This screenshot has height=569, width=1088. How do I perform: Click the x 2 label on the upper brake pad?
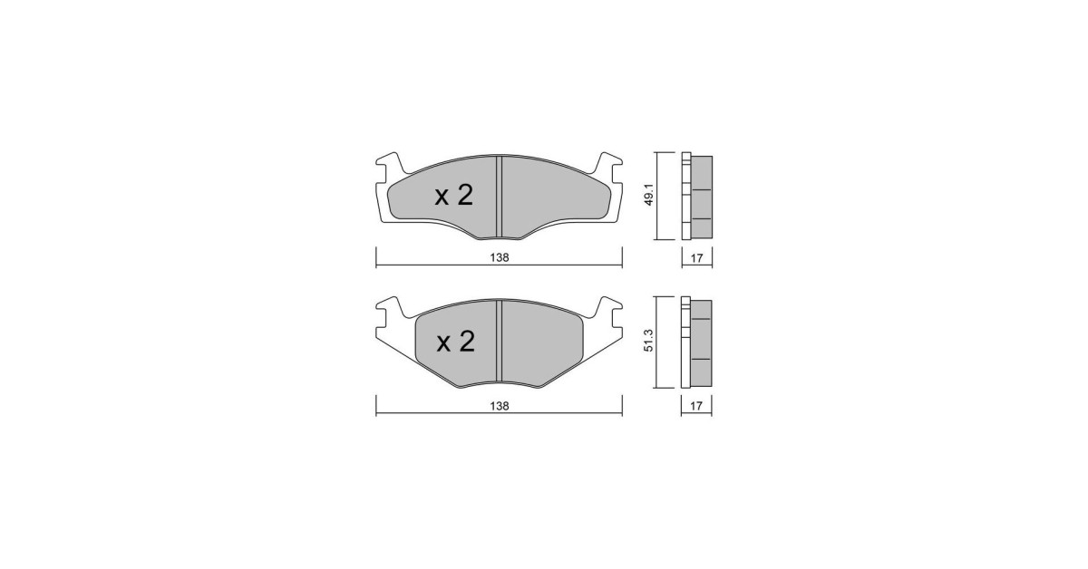(453, 196)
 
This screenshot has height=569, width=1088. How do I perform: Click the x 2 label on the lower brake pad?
(455, 342)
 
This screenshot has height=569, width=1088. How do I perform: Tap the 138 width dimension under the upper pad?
(500, 257)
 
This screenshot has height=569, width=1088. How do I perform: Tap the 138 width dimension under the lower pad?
(500, 405)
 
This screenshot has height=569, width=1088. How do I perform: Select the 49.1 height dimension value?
(649, 195)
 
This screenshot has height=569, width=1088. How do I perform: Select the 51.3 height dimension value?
(649, 341)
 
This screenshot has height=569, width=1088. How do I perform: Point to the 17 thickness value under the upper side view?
(696, 258)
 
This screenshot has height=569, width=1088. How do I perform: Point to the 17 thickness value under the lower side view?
(696, 406)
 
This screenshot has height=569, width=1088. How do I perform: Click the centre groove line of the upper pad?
(499, 198)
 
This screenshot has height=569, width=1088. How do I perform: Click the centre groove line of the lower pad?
(499, 342)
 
